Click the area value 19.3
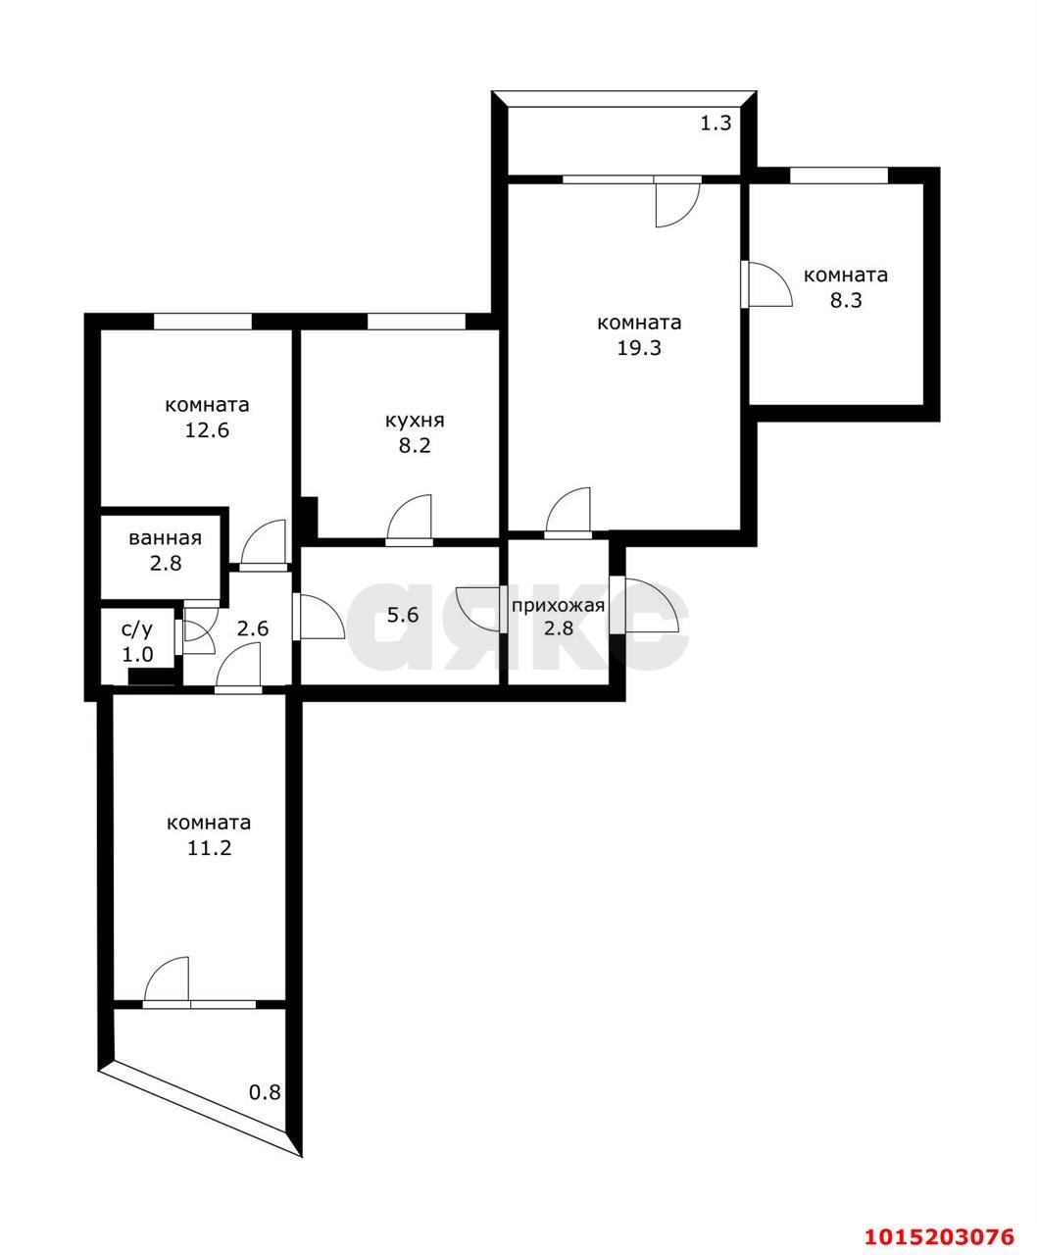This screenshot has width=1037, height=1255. point(639,347)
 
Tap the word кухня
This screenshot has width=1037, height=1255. point(415,421)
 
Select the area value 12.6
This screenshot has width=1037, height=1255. point(207,429)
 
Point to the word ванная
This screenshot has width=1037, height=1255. point(165,538)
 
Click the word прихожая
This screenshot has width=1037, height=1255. point(558,604)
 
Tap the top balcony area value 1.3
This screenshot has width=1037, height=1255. point(716,124)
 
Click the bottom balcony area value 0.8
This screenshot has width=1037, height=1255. point(265,1092)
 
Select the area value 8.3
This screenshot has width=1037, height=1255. point(846,300)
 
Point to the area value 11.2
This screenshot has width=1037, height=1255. point(209,847)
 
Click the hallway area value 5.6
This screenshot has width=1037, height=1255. point(403,616)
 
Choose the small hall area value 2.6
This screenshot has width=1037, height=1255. point(253,628)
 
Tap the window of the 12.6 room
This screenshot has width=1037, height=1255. point(203,321)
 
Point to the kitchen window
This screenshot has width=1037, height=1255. point(416,321)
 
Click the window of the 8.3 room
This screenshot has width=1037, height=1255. point(838,176)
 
